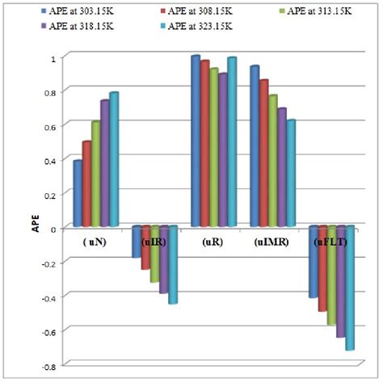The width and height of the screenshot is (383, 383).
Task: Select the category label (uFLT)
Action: [x=330, y=241]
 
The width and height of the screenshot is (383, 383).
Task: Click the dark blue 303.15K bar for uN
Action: [x=77, y=194]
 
